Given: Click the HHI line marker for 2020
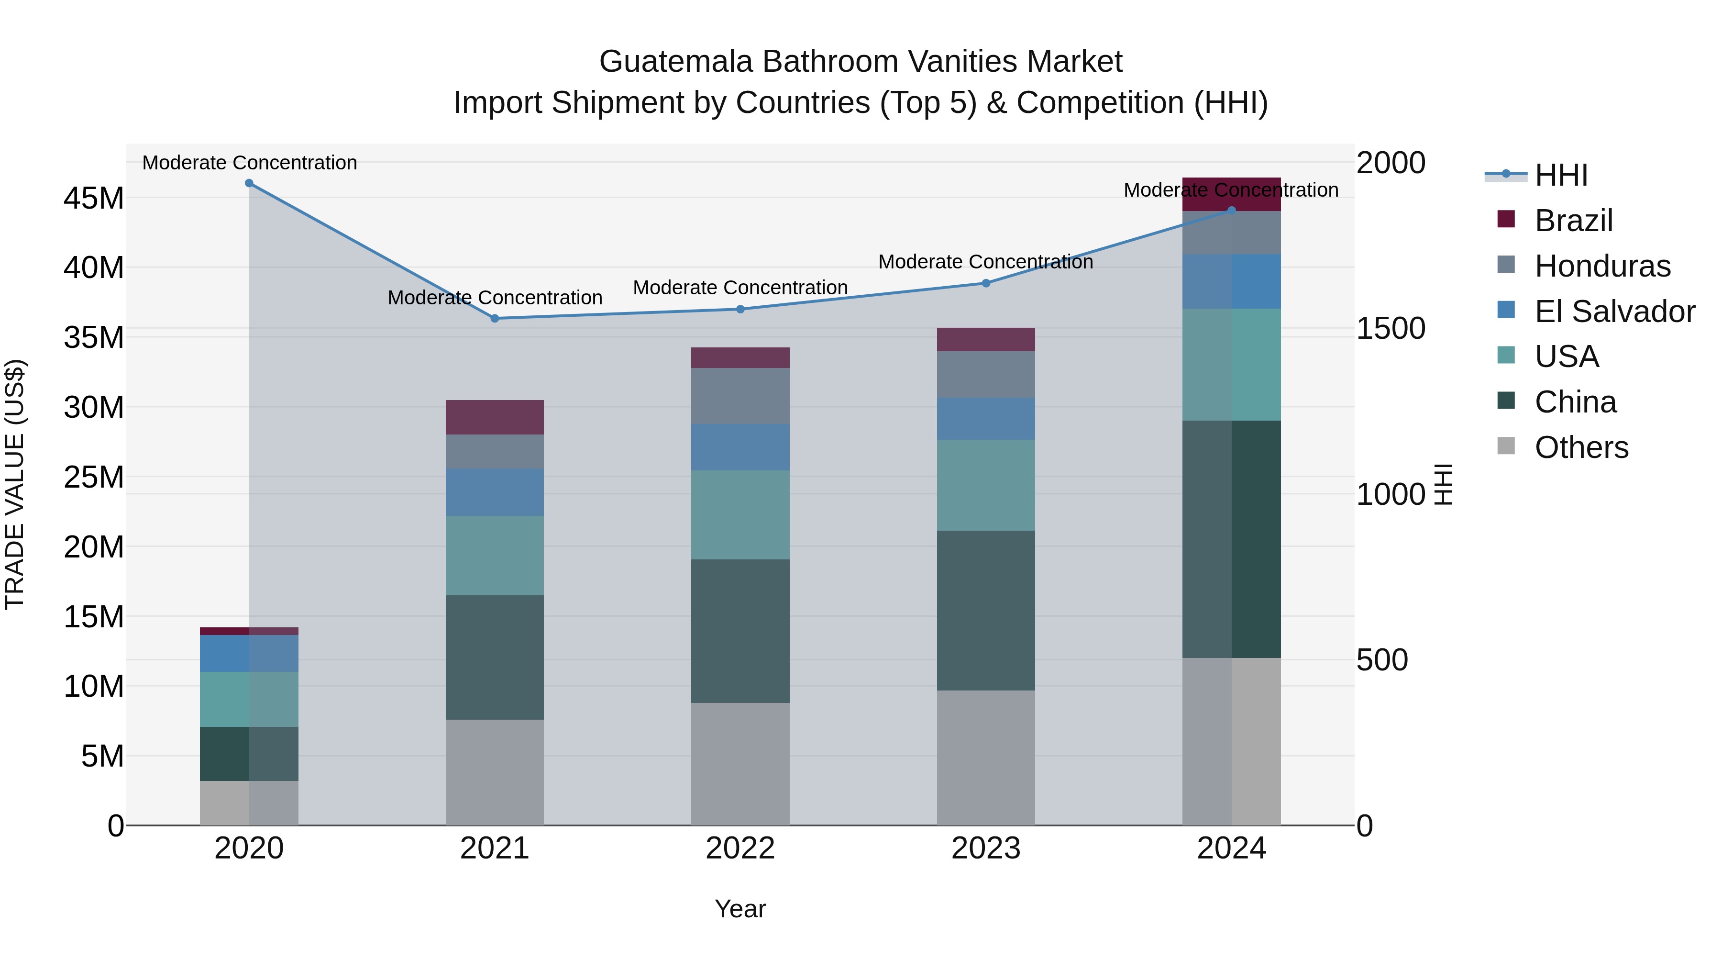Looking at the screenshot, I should pos(249,183).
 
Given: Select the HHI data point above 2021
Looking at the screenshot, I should pos(495,318).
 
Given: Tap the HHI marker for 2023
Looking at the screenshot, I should pos(985,283).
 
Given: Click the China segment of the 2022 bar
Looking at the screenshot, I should pos(740,631).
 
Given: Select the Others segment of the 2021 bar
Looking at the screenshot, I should pos(495,772).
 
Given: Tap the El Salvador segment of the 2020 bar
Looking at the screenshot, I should pos(249,653).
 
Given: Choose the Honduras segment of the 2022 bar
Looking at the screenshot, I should pos(740,396).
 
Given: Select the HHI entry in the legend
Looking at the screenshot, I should pos(1560,175).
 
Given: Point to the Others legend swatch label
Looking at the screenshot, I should pos(1581,447).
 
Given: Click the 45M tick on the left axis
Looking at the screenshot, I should pos(94,199).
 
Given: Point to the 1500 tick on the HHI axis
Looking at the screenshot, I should pos(1391,328).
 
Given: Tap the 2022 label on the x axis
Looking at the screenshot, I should pos(740,848).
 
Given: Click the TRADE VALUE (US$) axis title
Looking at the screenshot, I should pos(15,484).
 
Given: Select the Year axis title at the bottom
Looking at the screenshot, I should pos(740,909).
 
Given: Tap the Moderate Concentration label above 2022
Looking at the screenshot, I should pos(740,288).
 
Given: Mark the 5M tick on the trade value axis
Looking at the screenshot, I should pos(102,757).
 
